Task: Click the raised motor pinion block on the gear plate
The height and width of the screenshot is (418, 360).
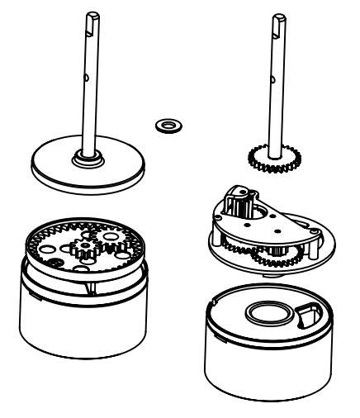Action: coord(237,202)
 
